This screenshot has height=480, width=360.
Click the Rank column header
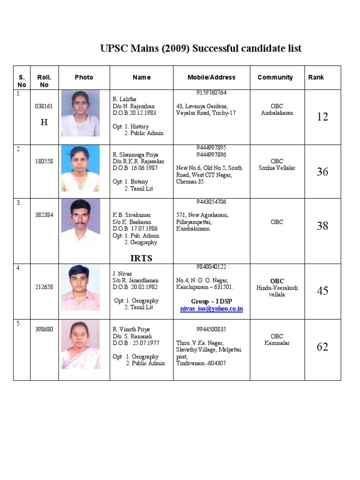(x=316, y=77)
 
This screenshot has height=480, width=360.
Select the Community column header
(x=275, y=77)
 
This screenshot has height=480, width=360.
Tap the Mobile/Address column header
(x=211, y=77)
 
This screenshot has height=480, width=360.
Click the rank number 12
(x=322, y=117)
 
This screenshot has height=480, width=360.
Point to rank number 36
(x=322, y=172)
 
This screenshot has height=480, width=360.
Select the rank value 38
(x=322, y=226)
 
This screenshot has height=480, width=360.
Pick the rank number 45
(x=322, y=291)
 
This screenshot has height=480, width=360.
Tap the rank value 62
(x=322, y=347)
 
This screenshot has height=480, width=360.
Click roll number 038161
(x=44, y=106)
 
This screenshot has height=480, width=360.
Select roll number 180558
(x=44, y=161)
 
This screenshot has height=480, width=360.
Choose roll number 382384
(x=44, y=215)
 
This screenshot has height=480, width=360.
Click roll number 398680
(x=44, y=330)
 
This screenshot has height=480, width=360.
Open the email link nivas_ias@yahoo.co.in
(x=211, y=309)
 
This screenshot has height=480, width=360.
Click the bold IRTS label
(x=141, y=258)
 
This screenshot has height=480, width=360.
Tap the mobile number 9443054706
(x=211, y=202)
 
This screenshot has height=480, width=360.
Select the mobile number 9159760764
(x=211, y=93)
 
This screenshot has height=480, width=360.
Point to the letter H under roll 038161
(x=44, y=123)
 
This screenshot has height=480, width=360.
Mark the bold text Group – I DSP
(x=211, y=301)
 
